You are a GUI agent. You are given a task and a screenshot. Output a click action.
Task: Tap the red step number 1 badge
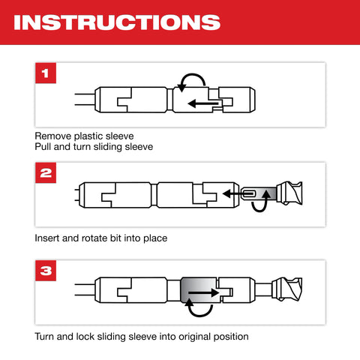click(x=46, y=73)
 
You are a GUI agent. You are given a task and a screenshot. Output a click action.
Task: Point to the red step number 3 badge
click(x=46, y=271)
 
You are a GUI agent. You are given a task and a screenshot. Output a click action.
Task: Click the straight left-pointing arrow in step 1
click(x=203, y=103)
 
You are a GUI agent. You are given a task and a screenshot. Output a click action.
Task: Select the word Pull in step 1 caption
click(x=44, y=147)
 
